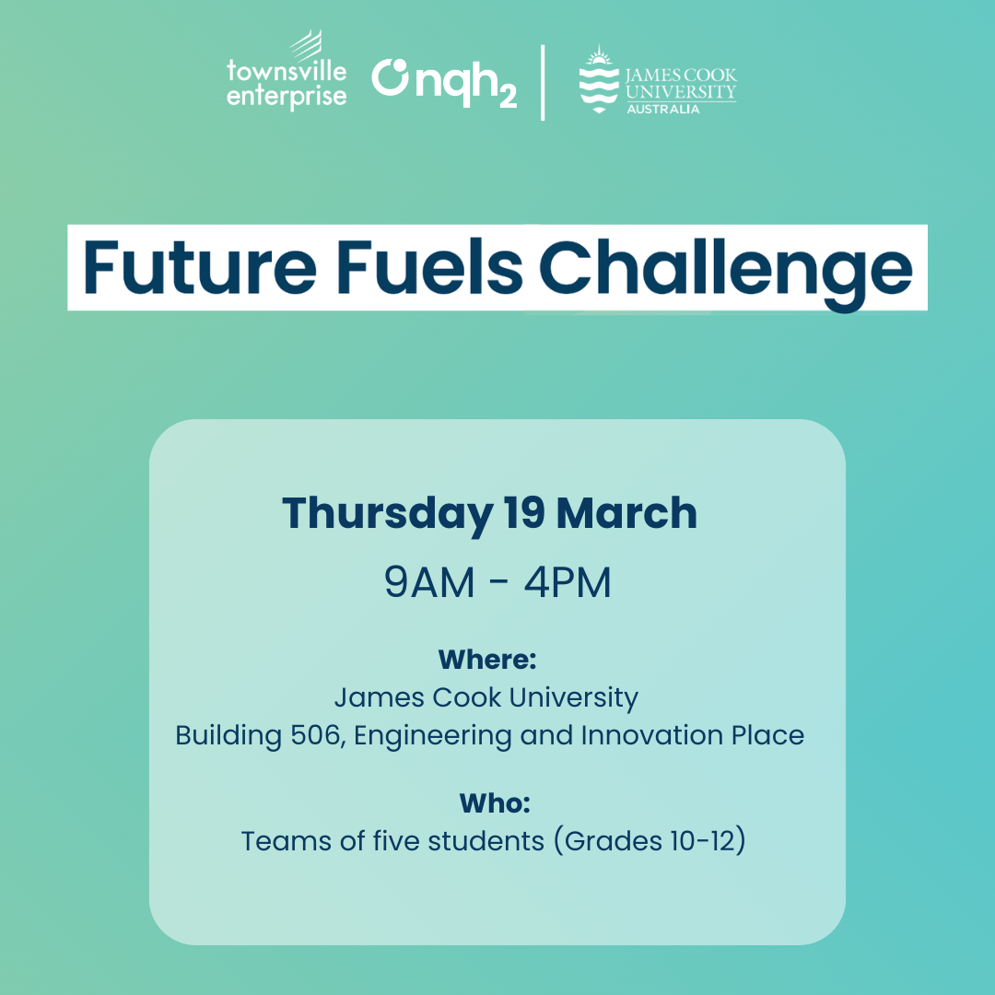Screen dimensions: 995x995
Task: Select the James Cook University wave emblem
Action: click(x=599, y=80)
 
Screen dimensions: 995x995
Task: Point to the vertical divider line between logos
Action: click(x=543, y=82)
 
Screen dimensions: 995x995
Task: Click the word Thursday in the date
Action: click(x=386, y=513)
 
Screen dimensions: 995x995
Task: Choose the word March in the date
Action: click(x=627, y=513)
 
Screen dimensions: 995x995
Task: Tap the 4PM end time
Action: click(x=568, y=582)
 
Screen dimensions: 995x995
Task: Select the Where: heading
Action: click(x=487, y=660)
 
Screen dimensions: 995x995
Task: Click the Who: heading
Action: click(x=495, y=803)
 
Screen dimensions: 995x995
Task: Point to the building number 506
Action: click(x=315, y=735)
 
